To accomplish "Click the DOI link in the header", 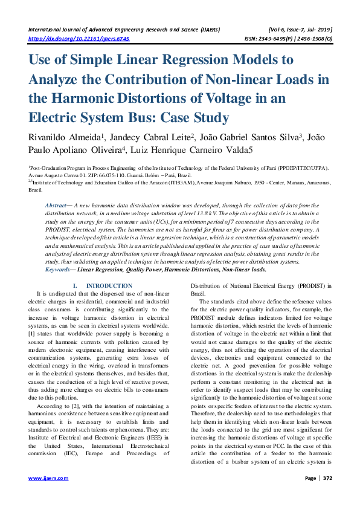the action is (x=80, y=37).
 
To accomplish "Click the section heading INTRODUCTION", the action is (x=109, y=285).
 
